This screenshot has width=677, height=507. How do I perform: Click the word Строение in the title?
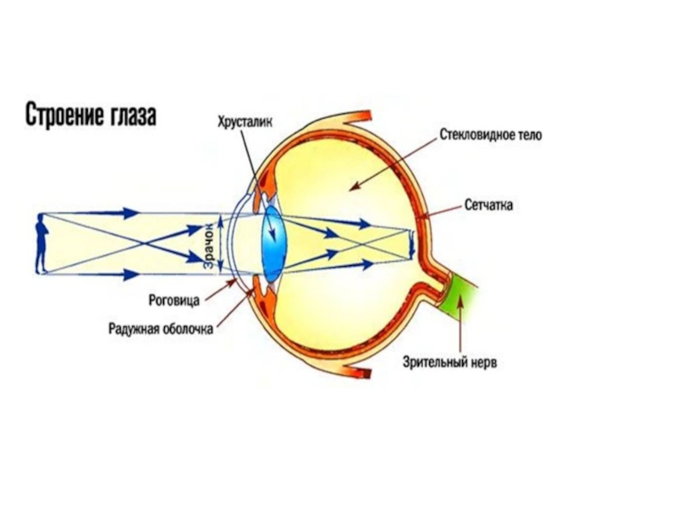62,115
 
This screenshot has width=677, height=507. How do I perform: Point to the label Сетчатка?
489,205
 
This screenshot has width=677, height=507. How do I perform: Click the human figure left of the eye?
39,245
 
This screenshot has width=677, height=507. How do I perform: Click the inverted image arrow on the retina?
411,246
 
